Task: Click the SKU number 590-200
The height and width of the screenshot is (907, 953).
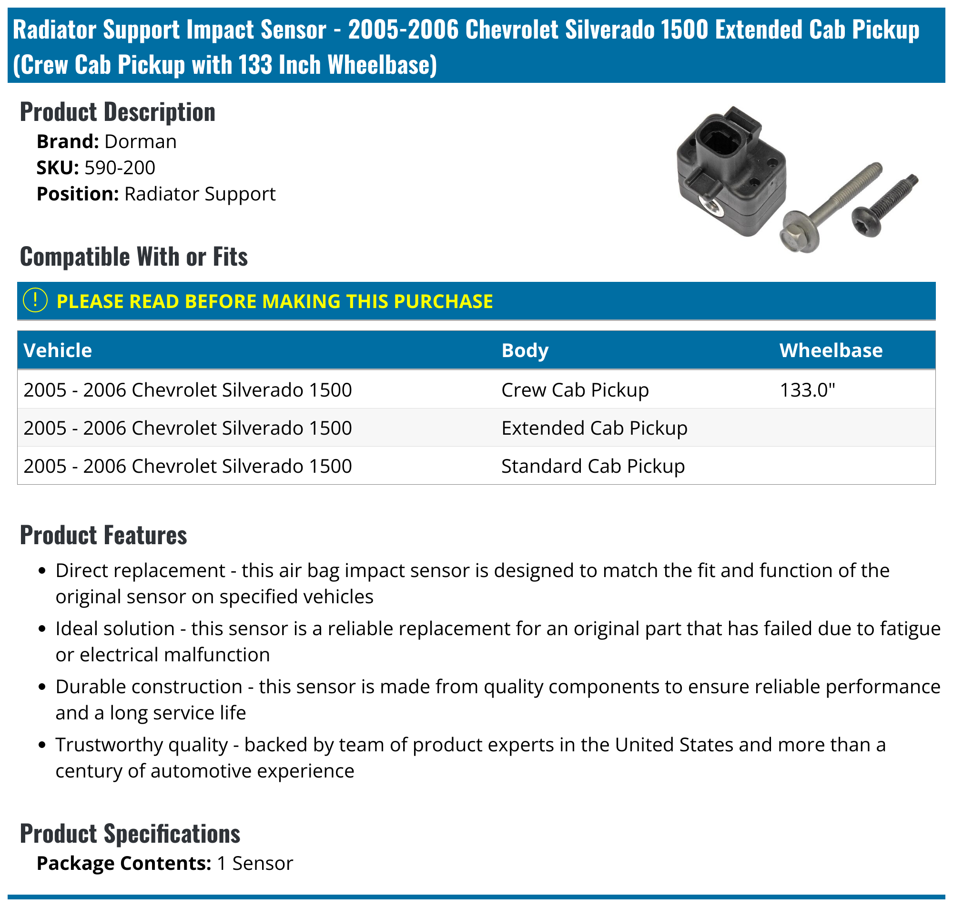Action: tap(120, 168)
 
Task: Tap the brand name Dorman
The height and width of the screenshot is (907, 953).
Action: tap(140, 142)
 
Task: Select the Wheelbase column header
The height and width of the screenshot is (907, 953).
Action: tap(831, 350)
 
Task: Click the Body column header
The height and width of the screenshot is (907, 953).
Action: tap(525, 350)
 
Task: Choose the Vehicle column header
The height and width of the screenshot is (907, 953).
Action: tap(58, 350)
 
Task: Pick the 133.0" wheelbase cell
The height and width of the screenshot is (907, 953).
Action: tap(807, 389)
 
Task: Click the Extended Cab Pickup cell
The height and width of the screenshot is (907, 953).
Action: tap(594, 428)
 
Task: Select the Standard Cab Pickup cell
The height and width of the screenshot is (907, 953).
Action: tap(593, 466)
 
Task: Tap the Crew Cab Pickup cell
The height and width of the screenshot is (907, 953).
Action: tap(575, 389)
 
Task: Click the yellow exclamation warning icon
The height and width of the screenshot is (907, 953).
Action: tap(35, 300)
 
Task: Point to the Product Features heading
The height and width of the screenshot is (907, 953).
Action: tap(103, 535)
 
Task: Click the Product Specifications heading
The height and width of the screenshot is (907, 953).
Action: tap(130, 834)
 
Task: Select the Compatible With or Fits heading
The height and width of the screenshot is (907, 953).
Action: tap(133, 256)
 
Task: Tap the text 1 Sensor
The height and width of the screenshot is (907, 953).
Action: tap(255, 864)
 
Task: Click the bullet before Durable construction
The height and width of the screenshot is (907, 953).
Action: tap(42, 687)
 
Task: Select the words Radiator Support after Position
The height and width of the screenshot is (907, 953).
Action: tap(199, 194)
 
